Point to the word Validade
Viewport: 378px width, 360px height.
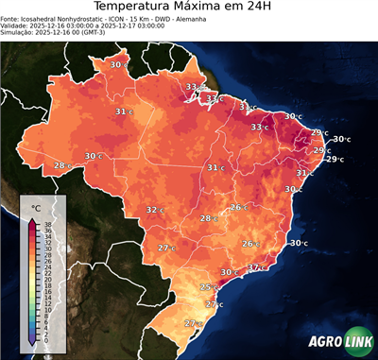pos(16,26)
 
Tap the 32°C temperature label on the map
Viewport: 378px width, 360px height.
pos(154,210)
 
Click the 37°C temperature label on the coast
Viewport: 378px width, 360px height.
pos(255,267)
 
